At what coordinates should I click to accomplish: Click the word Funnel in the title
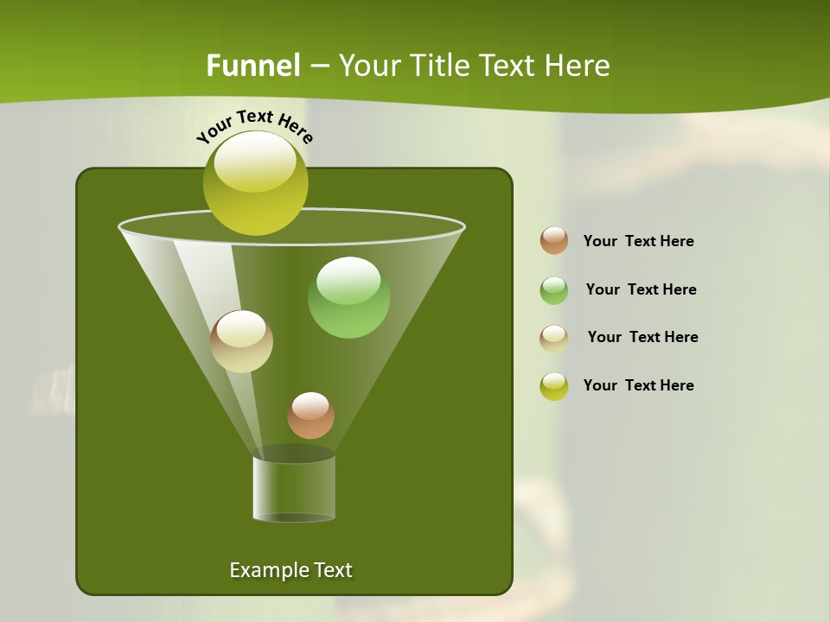point(252,66)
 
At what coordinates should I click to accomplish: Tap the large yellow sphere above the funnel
point(255,183)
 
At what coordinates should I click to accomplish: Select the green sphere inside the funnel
point(348,298)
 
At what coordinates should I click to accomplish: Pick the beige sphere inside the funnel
point(241,342)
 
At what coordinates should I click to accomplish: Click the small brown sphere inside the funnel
point(310,416)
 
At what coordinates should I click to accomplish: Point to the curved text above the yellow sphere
point(255,125)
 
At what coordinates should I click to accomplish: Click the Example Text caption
point(290,570)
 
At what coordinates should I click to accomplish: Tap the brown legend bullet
point(553,241)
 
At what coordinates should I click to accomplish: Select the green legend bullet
point(553,290)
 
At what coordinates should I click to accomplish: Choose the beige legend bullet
point(553,339)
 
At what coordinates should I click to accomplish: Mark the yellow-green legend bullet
point(553,386)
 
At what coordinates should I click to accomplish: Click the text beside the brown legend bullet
point(638,241)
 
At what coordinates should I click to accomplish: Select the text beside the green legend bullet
point(641,289)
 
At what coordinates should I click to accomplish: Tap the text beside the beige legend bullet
point(642,337)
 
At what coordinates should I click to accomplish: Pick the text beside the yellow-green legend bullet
point(638,385)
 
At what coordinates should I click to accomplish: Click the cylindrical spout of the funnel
point(293,488)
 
